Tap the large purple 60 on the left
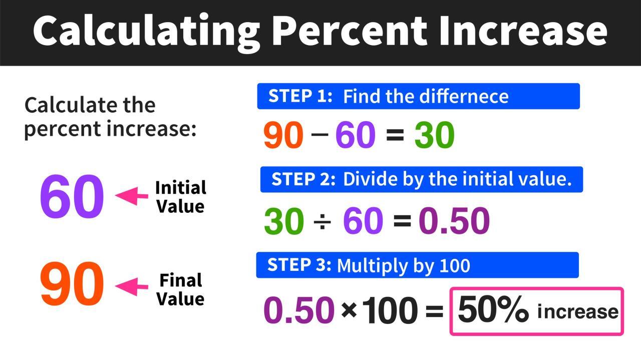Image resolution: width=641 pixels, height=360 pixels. (x=72, y=197)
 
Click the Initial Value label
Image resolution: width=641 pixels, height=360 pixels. (x=180, y=197)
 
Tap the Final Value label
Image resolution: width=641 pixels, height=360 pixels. (x=180, y=289)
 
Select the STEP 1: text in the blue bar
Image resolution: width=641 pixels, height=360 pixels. (x=300, y=96)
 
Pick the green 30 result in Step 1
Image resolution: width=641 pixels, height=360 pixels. (x=434, y=135)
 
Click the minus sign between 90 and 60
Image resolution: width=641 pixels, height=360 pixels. (x=319, y=136)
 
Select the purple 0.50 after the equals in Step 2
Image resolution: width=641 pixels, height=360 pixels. (x=454, y=221)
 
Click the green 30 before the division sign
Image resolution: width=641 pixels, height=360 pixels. (x=284, y=221)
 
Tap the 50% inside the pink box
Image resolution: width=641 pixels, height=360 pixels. (x=493, y=310)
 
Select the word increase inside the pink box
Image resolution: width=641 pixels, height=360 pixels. (x=577, y=312)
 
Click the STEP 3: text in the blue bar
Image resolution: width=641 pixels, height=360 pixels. (x=299, y=265)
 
